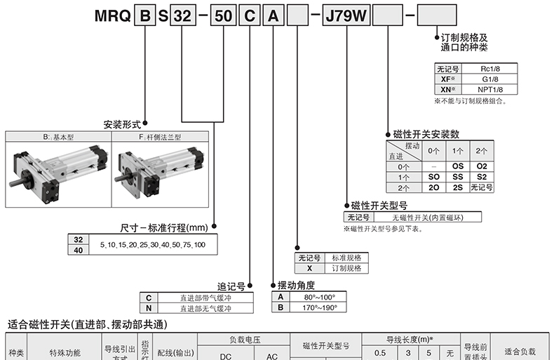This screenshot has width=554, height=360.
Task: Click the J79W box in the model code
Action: (346, 15)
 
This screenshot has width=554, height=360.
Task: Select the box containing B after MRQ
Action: (145, 15)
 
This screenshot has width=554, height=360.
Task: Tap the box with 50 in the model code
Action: (223, 15)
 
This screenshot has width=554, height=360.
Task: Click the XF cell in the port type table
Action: (448, 79)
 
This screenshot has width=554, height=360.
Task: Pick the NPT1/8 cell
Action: (489, 89)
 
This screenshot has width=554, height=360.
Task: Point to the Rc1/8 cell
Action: (489, 69)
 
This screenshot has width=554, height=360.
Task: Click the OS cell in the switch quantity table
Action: (458, 166)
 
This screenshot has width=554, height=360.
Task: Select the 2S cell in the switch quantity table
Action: (458, 187)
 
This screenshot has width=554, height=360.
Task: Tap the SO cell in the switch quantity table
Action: (434, 177)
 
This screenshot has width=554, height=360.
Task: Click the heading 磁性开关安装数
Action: (426, 134)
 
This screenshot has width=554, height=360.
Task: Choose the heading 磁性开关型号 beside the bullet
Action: (379, 206)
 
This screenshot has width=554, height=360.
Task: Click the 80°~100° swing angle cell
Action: (319, 297)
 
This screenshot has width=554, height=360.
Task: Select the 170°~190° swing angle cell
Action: (319, 307)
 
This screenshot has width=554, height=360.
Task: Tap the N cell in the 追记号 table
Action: (149, 308)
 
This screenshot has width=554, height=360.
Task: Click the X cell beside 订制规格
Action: (309, 268)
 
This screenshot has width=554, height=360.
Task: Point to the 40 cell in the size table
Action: (79, 250)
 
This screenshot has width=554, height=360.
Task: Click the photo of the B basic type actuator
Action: (58, 174)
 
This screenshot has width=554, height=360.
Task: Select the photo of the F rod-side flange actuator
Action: (160, 174)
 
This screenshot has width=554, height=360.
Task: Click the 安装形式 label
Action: (122, 124)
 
